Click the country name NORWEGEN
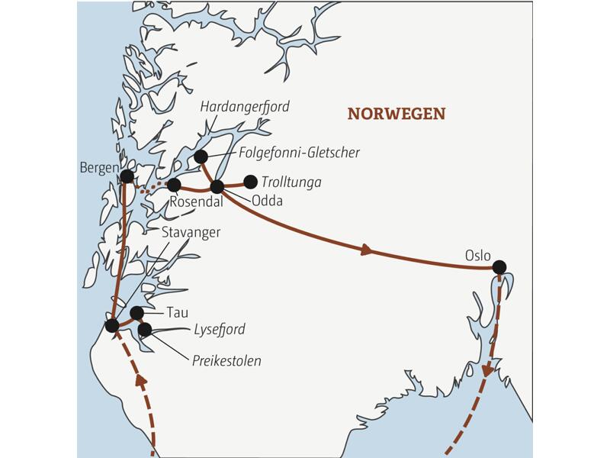396,114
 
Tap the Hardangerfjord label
244,107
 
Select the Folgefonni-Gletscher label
300,153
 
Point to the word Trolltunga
291,182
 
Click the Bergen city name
98,167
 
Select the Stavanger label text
191,232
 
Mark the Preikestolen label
226,360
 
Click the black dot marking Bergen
127,176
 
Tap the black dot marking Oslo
499,267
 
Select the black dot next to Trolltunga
249,182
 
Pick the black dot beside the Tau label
137,312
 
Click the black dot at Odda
217,185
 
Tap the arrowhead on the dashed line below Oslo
486,371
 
